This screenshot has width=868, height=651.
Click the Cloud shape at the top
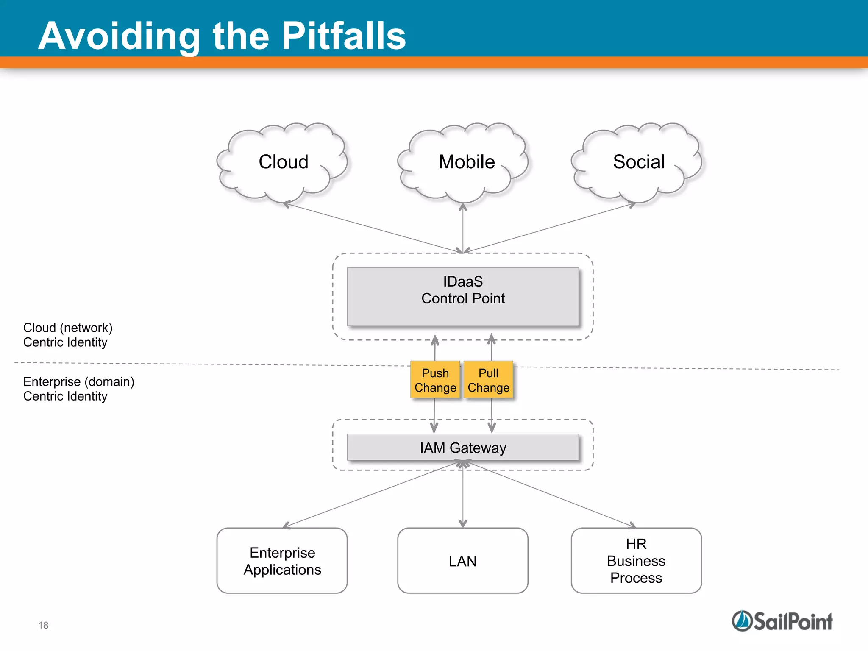point(283,162)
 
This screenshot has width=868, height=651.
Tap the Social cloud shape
point(638,162)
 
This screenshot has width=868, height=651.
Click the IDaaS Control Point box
point(463,296)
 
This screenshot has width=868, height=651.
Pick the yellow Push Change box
point(435,380)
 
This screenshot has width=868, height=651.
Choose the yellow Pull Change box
point(488,380)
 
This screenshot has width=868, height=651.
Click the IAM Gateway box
point(463,448)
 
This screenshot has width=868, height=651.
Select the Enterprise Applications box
point(282,561)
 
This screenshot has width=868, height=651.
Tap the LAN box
point(463,561)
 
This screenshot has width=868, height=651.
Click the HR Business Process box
point(636,561)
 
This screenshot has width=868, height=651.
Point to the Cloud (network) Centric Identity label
point(68,335)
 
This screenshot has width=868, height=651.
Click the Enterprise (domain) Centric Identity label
point(78,389)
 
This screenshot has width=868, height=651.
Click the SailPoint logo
point(782,621)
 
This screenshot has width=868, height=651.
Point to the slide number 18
point(43,625)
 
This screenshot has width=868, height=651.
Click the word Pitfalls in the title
point(343,36)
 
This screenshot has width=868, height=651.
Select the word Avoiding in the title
point(119,36)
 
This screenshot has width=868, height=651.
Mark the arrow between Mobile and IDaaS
point(463,229)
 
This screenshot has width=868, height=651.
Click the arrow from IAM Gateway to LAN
point(463,496)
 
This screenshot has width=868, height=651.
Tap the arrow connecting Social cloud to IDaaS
point(551,228)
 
